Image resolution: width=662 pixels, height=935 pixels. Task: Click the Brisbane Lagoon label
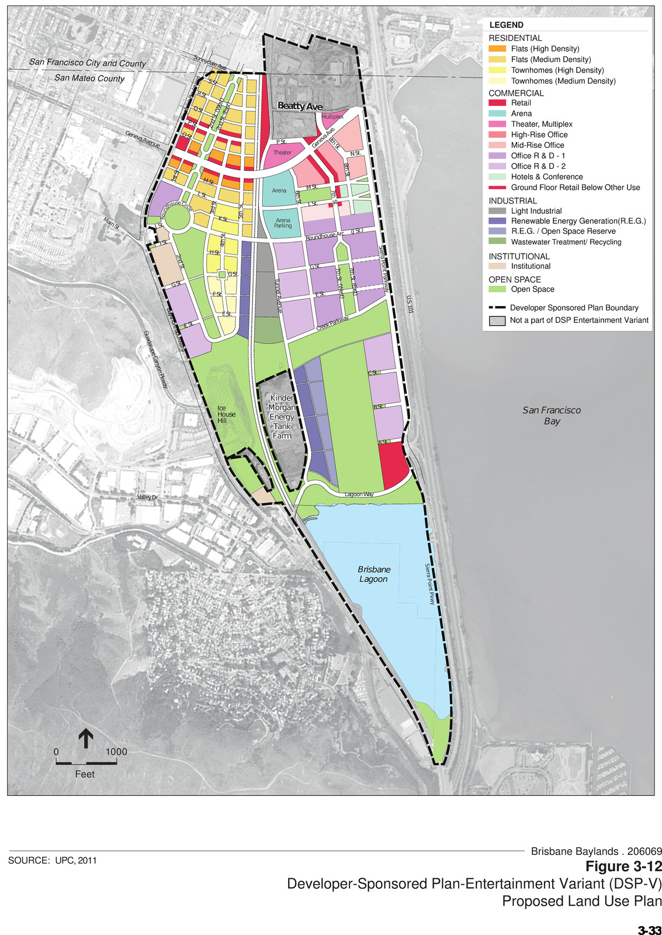click(374, 574)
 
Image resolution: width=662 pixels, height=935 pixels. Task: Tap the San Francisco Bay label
click(552, 415)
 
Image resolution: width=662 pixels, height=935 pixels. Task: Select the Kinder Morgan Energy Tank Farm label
click(282, 417)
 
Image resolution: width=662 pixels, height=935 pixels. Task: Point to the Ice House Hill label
click(226, 414)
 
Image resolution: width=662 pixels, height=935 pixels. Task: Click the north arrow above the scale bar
click(86, 738)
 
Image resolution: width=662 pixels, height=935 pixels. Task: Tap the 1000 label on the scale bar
click(116, 752)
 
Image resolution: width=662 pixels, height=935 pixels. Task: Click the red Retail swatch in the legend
click(497, 103)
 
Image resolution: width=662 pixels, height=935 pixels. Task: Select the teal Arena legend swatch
click(497, 113)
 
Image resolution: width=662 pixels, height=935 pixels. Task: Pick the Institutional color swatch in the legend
click(497, 266)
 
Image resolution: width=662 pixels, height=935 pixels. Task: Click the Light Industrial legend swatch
click(497, 211)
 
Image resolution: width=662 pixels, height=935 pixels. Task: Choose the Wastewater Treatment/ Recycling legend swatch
click(497, 242)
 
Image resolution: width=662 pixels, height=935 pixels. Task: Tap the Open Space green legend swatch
click(497, 289)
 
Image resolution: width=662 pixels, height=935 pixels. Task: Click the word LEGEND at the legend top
click(506, 25)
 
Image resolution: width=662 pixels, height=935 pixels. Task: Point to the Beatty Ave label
click(300, 106)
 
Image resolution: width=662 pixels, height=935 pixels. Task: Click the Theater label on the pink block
click(282, 153)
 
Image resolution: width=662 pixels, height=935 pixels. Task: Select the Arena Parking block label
click(283, 223)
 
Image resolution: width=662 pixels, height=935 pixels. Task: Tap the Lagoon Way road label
click(359, 494)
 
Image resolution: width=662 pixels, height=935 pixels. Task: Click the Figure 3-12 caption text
click(623, 866)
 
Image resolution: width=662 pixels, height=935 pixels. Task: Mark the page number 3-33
click(649, 930)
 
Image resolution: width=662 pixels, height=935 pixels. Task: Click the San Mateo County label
click(89, 78)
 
